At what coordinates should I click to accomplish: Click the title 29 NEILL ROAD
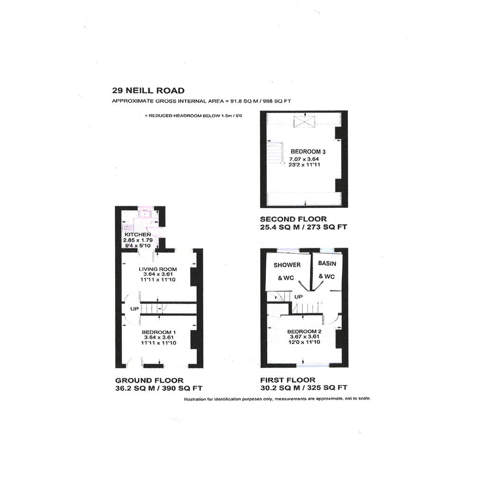(148, 90)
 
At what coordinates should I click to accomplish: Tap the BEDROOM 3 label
(308, 152)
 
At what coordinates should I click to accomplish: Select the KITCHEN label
(138, 234)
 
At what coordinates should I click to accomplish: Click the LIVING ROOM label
(158, 269)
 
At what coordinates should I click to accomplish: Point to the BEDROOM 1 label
(159, 332)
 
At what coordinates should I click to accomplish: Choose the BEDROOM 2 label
(305, 331)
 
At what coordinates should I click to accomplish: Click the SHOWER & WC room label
(287, 271)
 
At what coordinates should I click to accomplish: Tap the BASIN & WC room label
(327, 269)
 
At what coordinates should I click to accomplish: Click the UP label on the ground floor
(135, 309)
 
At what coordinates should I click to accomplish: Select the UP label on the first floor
(298, 297)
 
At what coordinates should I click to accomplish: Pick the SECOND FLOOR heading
(293, 219)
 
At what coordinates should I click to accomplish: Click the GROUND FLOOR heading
(149, 380)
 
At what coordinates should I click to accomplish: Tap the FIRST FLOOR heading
(287, 380)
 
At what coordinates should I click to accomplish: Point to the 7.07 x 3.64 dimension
(304, 159)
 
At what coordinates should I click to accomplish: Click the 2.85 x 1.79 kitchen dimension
(138, 240)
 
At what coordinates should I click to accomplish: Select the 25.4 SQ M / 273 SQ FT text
(304, 227)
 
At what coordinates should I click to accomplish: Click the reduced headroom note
(193, 116)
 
